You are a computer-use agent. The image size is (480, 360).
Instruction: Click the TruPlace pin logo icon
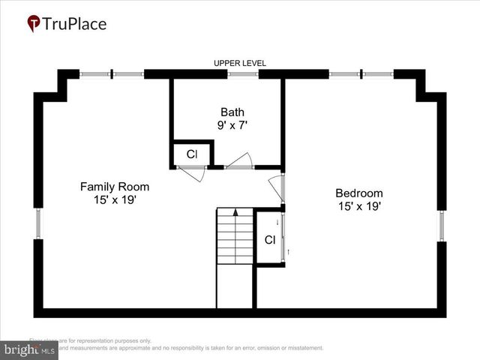pos(34,24)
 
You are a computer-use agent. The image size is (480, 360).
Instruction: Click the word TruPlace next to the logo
pos(75,24)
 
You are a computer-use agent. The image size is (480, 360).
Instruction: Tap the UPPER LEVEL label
pos(240,63)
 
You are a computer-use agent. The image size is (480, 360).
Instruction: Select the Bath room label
pos(232,112)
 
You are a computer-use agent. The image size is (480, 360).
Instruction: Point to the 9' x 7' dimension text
pos(232,125)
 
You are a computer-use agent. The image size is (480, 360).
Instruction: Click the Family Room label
pos(115,187)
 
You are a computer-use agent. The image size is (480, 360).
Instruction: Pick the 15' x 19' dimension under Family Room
pos(115,200)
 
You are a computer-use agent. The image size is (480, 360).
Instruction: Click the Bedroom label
pos(358,192)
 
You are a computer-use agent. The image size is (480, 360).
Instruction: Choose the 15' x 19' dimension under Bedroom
pos(358,205)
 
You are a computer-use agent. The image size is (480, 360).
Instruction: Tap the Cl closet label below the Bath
pos(192,154)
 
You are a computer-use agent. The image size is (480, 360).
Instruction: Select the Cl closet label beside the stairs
pos(270,240)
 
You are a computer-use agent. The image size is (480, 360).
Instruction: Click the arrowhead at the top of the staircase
pos(235,212)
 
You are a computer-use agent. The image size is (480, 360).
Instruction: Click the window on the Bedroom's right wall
pos(442,226)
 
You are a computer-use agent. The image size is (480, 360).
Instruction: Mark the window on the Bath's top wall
pos(243,74)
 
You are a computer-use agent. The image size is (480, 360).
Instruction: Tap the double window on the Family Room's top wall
pos(112,74)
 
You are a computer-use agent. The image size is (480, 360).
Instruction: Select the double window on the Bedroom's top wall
pos(361,74)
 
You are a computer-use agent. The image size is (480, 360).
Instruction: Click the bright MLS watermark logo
pos(29,349)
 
